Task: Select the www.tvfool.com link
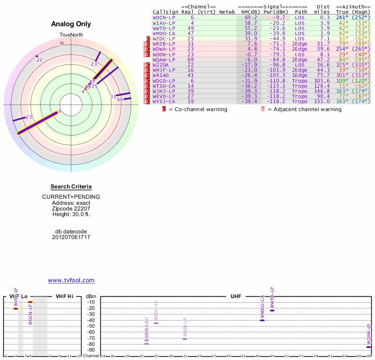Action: pos(71,280)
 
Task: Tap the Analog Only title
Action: pos(71,24)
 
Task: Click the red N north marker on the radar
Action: pos(61,43)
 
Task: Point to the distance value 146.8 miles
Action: pos(322,90)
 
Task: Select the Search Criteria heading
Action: pos(71,187)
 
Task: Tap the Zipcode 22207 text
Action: pos(71,208)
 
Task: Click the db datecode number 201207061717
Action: pos(71,237)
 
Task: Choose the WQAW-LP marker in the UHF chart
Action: pos(368,347)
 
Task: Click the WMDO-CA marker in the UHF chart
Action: pos(262,320)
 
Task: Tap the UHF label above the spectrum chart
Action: pos(236,296)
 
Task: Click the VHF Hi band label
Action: pos(65,296)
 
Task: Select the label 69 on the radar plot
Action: pos(120,99)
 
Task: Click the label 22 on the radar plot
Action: pos(39,60)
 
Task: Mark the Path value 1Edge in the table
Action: pos(300,75)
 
